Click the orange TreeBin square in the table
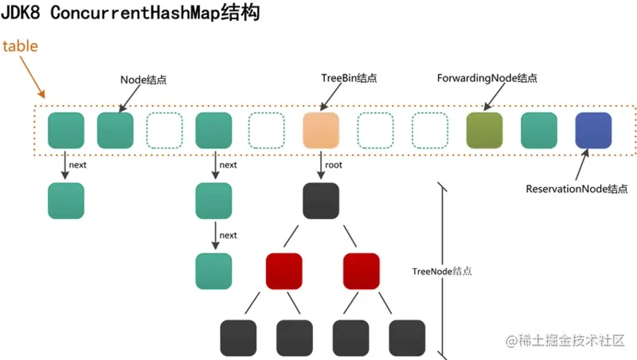(322, 130)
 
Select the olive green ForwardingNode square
(484, 130)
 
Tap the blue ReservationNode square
(593, 130)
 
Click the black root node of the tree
(322, 201)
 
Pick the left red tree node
(284, 271)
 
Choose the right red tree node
(361, 271)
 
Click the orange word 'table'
(20, 45)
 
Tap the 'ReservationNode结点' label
(577, 190)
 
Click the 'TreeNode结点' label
(442, 271)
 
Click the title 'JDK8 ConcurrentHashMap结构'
(131, 14)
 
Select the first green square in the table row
(66, 130)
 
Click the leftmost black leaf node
(238, 337)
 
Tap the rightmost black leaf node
(408, 337)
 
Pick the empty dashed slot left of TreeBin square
(267, 130)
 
